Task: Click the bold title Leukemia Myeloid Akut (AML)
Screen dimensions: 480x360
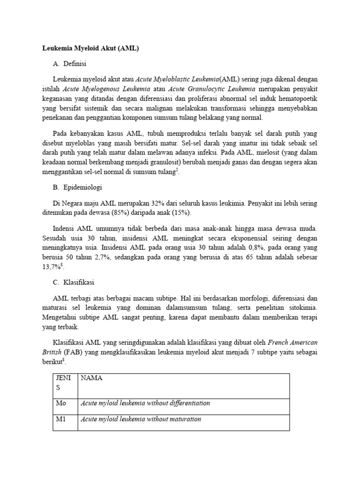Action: pyautogui.click(x=91, y=48)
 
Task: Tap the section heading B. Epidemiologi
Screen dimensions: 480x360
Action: pyautogui.click(x=77, y=187)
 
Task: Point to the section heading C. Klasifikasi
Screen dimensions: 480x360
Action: pyautogui.click(x=75, y=282)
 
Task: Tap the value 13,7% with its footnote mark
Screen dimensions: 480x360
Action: pyautogui.click(x=52, y=267)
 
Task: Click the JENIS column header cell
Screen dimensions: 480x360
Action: pyautogui.click(x=64, y=382)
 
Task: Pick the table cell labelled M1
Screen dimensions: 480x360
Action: pyautogui.click(x=61, y=419)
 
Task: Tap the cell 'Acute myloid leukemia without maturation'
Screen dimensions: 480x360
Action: pyautogui.click(x=141, y=419)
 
